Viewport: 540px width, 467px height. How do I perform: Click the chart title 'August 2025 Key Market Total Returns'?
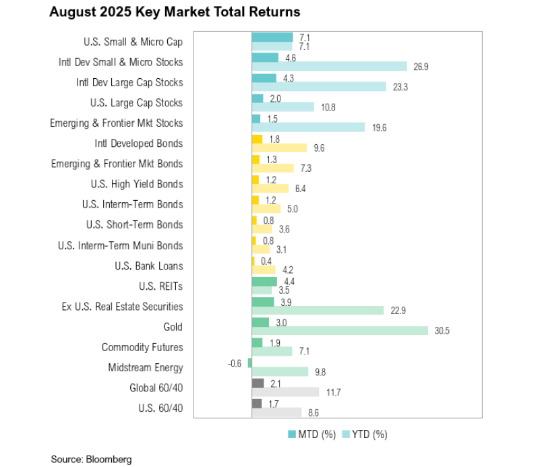tap(175, 12)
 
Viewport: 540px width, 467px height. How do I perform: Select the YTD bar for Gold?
tap(340, 331)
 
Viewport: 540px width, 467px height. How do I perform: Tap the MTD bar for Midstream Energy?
tap(249, 363)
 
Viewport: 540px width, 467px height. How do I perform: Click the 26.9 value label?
tap(420, 66)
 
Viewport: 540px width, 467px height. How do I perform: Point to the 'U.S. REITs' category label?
tap(160, 286)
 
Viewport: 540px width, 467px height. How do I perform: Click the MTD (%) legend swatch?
tap(292, 434)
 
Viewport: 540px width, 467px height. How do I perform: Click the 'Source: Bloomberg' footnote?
tap(91, 459)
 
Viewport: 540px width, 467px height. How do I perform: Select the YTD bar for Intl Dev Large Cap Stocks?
tap(318, 87)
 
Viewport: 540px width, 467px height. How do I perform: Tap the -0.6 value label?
tap(237, 363)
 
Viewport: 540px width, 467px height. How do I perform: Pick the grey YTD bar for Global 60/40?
tap(285, 392)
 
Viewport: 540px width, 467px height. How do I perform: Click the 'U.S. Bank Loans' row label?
tap(149, 266)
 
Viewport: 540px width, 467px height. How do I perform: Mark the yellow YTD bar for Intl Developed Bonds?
tap(279, 148)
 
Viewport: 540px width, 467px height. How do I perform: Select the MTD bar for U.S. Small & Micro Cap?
tap(272, 38)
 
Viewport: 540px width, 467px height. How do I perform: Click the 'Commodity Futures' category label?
tap(142, 348)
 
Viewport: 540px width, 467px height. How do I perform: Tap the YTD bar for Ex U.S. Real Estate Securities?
tap(318, 311)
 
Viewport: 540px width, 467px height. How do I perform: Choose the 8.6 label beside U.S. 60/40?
tap(314, 412)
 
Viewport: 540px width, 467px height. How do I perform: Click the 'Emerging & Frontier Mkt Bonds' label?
tap(117, 164)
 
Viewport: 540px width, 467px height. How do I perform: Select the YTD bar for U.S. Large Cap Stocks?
tap(282, 107)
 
